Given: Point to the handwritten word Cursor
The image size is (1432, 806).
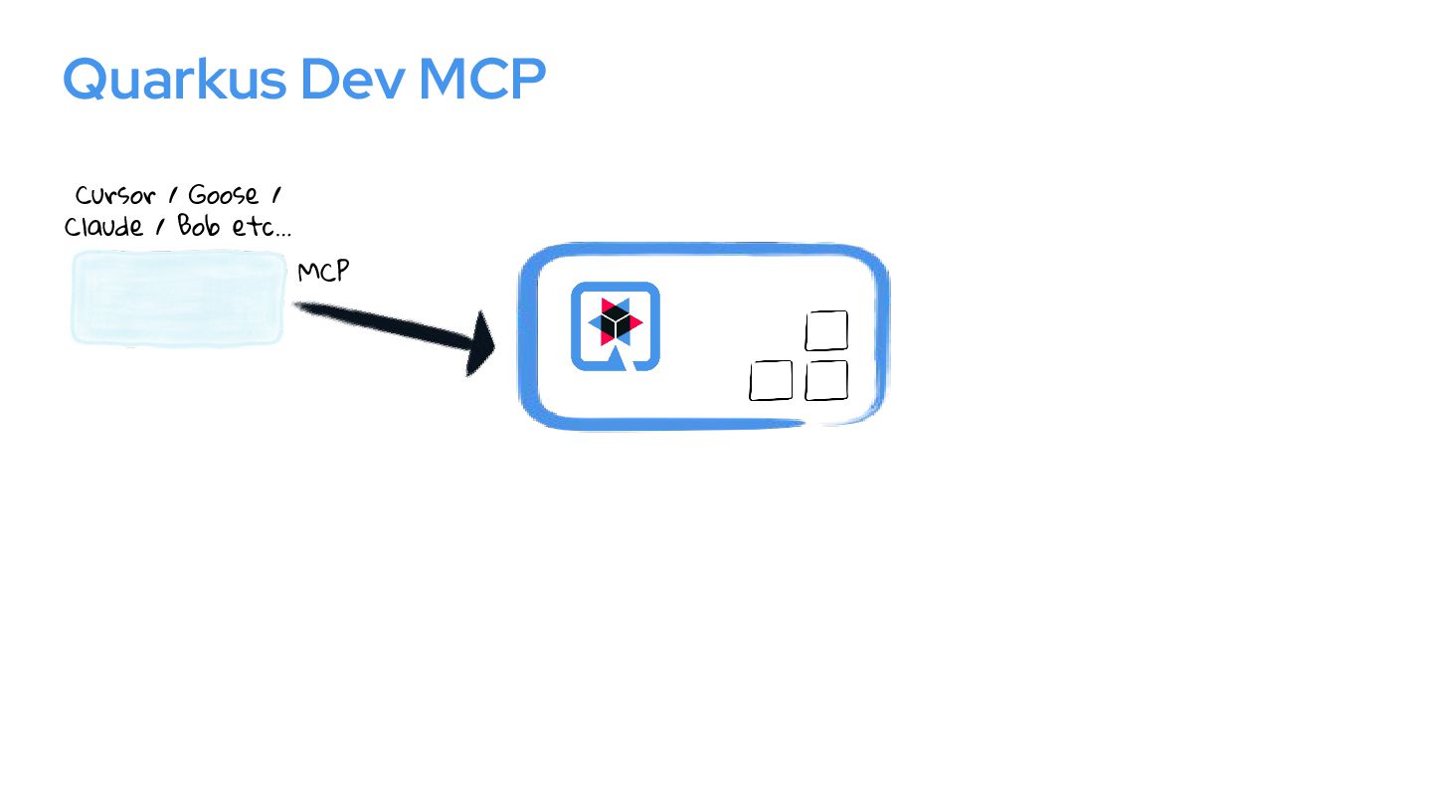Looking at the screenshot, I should [114, 195].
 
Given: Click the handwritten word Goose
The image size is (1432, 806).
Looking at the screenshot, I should [224, 195].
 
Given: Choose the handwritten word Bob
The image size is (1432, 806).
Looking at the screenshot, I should [199, 226].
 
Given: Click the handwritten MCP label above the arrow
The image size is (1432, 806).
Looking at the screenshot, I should [323, 271].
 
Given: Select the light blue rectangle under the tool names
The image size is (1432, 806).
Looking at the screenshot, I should [178, 298].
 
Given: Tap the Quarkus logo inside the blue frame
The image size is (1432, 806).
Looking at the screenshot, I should [616, 326].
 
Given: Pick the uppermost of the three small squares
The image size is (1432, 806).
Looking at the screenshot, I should [826, 330].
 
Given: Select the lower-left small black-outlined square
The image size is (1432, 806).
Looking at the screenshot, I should [771, 380].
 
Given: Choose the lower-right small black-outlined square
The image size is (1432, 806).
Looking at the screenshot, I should [826, 380].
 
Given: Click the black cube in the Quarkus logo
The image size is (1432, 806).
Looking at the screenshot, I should [617, 323].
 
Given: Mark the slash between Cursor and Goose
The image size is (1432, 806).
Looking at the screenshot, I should [172, 195].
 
